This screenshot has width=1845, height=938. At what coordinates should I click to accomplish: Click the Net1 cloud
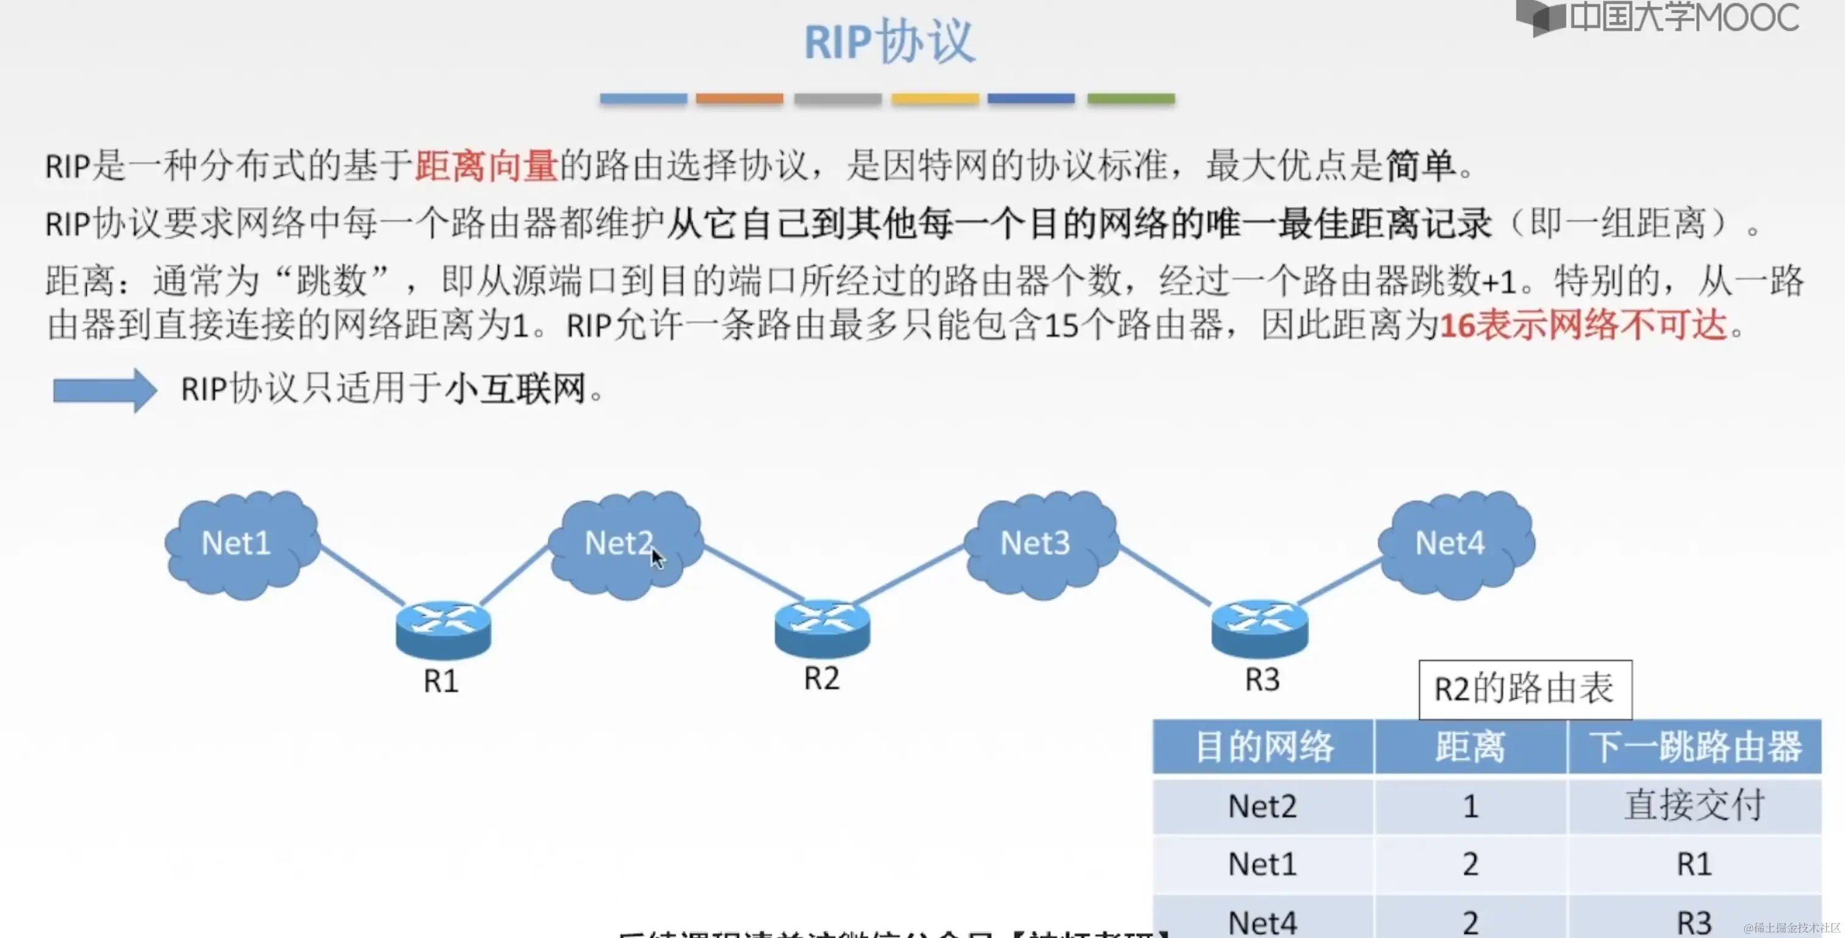click(x=240, y=543)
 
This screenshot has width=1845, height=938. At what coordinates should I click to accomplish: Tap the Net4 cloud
click(x=1455, y=543)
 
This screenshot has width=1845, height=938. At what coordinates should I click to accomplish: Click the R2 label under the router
click(x=821, y=678)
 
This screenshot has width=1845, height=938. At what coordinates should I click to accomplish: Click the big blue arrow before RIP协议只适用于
click(x=104, y=390)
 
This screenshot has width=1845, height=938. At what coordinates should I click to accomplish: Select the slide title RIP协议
click(x=889, y=41)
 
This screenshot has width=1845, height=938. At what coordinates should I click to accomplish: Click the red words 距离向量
click(x=486, y=165)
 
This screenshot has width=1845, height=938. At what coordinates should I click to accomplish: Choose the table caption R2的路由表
click(x=1524, y=689)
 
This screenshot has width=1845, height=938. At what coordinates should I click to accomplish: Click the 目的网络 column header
click(x=1264, y=747)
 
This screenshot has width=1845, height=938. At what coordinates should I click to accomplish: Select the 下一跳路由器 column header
click(x=1694, y=747)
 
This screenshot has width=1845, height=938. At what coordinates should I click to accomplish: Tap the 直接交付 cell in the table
click(x=1694, y=806)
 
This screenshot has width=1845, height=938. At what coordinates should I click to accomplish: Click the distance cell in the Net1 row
click(x=1470, y=864)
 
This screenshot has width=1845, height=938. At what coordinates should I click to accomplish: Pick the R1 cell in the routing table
click(x=1694, y=864)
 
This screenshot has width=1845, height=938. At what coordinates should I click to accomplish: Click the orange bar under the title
click(x=739, y=99)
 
